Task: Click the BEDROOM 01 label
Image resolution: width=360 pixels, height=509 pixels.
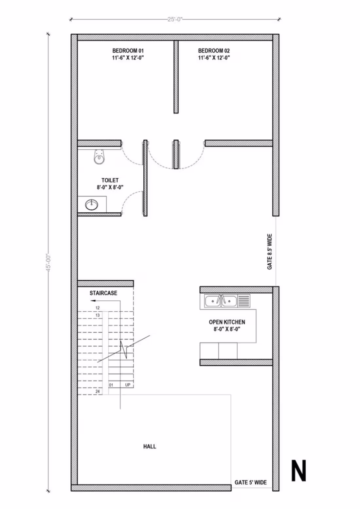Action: pos(128,51)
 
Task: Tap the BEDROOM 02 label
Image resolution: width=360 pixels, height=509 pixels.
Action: pos(214,51)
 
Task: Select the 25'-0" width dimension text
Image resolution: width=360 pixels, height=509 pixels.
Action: pos(175,19)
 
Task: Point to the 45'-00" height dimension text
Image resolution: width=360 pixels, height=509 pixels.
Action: pos(49,262)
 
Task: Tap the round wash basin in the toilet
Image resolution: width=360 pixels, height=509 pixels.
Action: pos(92,205)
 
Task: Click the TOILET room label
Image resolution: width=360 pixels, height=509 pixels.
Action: pos(110,180)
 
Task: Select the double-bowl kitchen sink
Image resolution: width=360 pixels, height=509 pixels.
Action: pos(221,301)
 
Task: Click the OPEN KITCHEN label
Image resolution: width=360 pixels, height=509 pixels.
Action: pos(227,322)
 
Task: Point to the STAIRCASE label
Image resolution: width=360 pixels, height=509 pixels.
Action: pos(103,293)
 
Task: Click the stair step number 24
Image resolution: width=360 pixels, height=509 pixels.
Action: pos(98,392)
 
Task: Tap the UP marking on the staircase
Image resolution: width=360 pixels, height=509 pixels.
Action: pos(128,385)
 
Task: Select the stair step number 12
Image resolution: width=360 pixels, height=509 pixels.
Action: pos(98,308)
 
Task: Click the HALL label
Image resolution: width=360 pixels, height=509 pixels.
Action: pos(150,446)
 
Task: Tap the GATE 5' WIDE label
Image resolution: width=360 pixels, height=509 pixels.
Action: pos(250,482)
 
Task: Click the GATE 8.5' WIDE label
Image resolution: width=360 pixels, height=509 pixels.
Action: pos(270,252)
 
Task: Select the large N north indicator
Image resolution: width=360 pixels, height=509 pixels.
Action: pos(298,471)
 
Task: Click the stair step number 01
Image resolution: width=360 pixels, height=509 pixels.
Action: pos(111,385)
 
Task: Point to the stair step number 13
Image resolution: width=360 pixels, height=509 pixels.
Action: pos(98,315)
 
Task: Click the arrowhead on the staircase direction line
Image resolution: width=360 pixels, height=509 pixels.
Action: pos(93,300)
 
